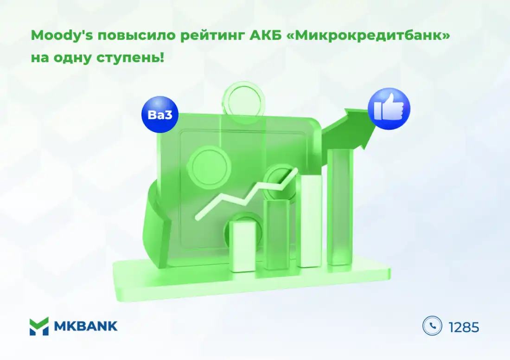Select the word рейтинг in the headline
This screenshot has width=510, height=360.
click(x=212, y=36)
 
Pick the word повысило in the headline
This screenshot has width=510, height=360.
click(x=136, y=35)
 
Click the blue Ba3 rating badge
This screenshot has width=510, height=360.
click(x=159, y=114)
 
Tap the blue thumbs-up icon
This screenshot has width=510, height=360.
click(x=389, y=109)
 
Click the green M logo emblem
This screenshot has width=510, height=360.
click(x=39, y=326)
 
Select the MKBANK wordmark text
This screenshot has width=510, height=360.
click(x=86, y=326)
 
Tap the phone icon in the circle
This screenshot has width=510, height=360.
click(x=432, y=326)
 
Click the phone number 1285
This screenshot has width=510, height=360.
click(x=464, y=327)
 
